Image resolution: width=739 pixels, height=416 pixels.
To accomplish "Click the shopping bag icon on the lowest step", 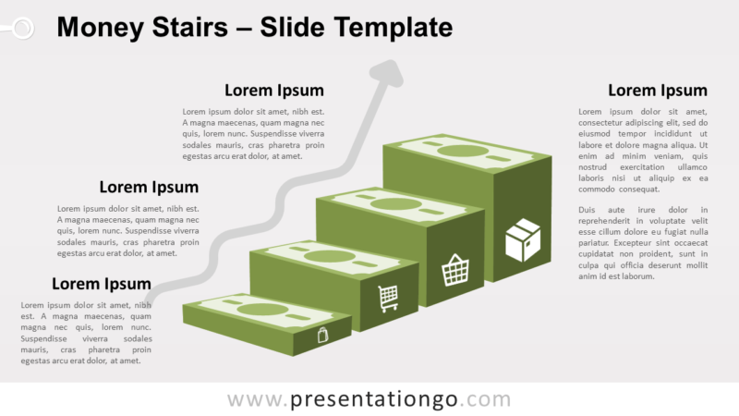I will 322,335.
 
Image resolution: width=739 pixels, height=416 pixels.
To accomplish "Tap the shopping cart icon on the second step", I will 388,298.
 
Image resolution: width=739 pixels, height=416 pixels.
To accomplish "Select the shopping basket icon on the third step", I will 455,269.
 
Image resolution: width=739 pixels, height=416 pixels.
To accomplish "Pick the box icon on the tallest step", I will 522,239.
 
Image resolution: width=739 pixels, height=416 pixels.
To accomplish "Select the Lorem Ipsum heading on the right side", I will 657,91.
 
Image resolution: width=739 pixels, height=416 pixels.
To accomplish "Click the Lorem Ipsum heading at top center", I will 274,91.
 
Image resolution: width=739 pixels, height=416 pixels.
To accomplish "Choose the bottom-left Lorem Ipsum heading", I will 101,284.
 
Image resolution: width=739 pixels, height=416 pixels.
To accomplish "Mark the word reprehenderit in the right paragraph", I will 608,221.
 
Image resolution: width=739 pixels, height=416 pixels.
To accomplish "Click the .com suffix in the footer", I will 489,400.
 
